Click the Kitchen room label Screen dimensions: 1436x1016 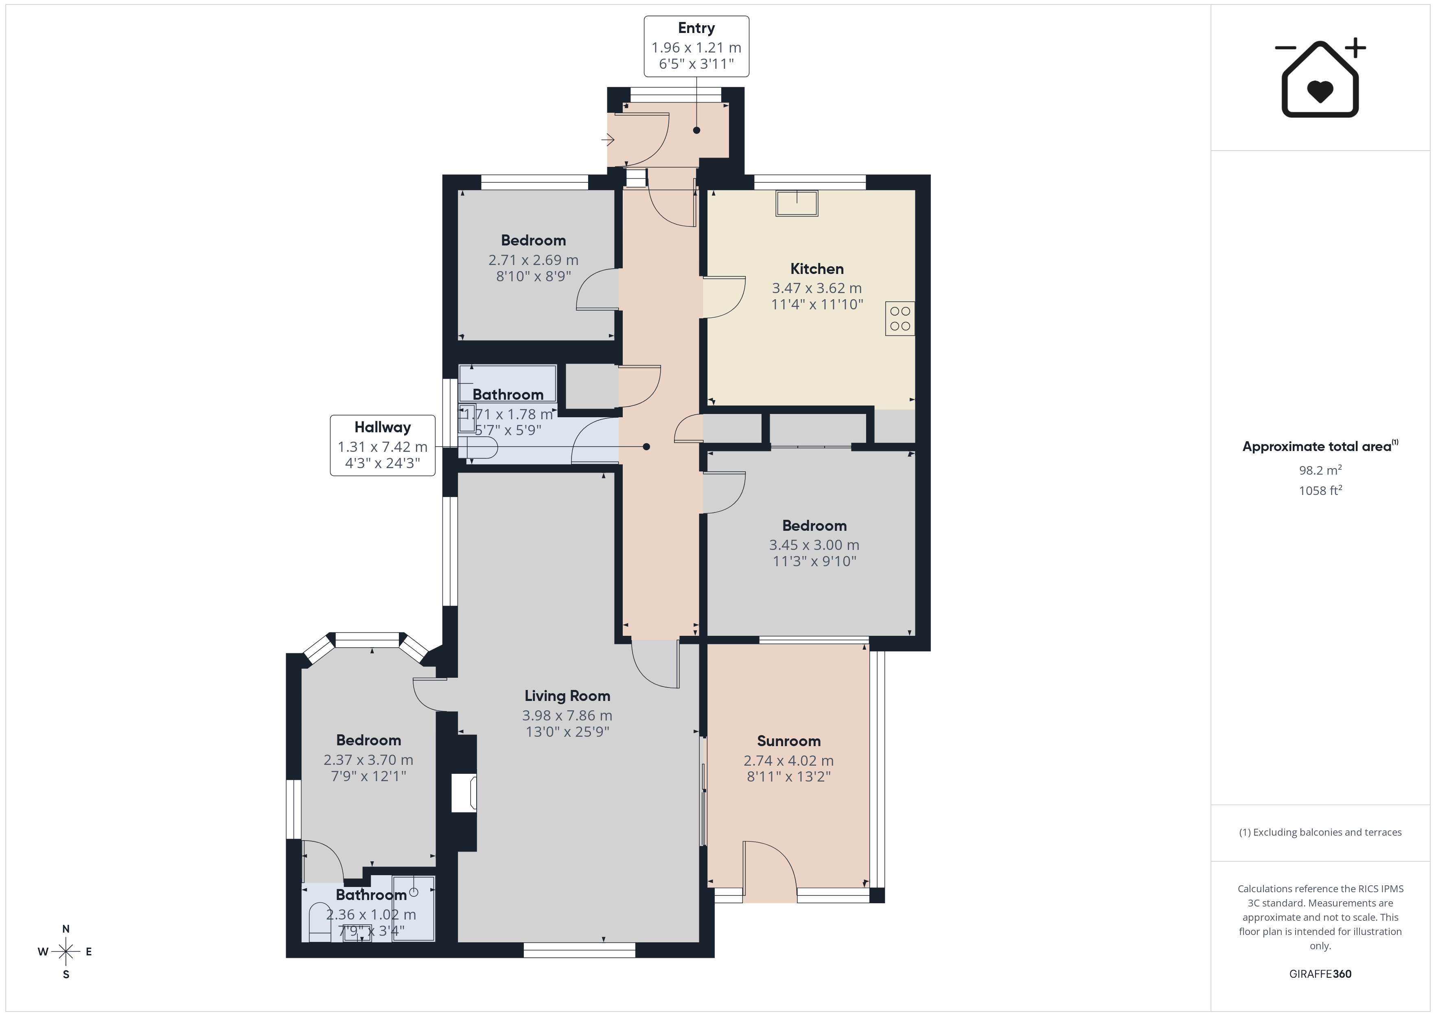pos(817,269)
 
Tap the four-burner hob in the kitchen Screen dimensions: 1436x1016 pos(900,318)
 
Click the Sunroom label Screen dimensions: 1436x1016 pos(789,741)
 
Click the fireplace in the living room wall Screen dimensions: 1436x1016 pos(464,793)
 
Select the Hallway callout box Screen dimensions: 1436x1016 pos(383,445)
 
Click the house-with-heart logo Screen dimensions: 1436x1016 pos(1320,78)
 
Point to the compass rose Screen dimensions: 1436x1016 pos(66,952)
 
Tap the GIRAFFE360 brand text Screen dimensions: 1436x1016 pos(1320,974)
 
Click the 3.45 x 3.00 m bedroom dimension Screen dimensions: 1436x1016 pos(814,545)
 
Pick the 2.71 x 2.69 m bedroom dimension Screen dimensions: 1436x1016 pos(534,260)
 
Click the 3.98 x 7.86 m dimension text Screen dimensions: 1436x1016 pos(567,716)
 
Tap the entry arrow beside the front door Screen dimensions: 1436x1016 pos(608,140)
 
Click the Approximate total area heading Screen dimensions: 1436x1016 pos(1320,446)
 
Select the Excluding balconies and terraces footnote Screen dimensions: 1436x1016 pos(1320,832)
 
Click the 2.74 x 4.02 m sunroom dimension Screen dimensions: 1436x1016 pos(789,761)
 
